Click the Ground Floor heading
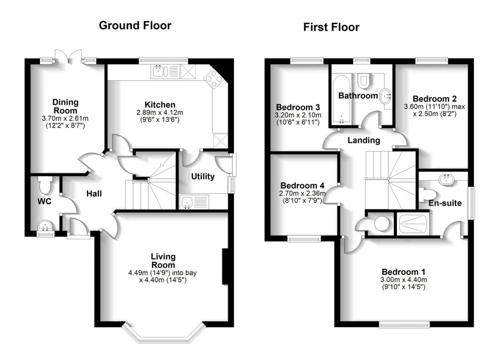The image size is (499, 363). [x=135, y=25]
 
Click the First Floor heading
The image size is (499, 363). [x=331, y=27]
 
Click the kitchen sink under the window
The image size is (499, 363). [x=160, y=71]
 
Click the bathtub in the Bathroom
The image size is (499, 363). [x=341, y=99]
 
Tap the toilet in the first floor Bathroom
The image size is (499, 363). [x=363, y=80]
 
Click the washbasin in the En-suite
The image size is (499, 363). [x=448, y=178]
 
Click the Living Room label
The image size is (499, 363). [x=163, y=261]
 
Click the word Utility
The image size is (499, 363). [x=203, y=177]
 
